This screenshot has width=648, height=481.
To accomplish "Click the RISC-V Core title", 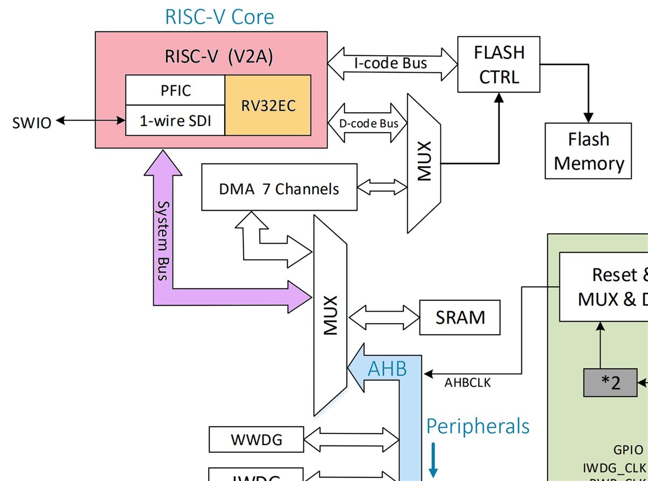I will point(219,17).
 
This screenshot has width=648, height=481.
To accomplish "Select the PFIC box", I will point(175,90).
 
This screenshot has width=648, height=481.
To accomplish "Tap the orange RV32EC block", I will point(268,105).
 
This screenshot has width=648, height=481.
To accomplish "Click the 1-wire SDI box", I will point(175,120).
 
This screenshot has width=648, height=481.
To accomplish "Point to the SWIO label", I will point(32,123).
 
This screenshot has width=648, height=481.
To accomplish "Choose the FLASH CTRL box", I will point(499,65).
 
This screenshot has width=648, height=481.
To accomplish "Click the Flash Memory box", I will point(588,151).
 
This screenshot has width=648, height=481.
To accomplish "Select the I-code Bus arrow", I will point(392,64).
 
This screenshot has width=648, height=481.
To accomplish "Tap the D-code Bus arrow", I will point(369,123).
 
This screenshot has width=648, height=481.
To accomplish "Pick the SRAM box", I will point(460,318).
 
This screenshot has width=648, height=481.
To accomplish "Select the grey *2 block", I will point(610,383).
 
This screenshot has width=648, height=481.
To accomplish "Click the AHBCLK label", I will point(467,383).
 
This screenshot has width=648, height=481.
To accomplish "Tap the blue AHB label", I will point(387,369).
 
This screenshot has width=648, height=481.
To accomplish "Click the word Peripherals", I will point(478,426).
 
